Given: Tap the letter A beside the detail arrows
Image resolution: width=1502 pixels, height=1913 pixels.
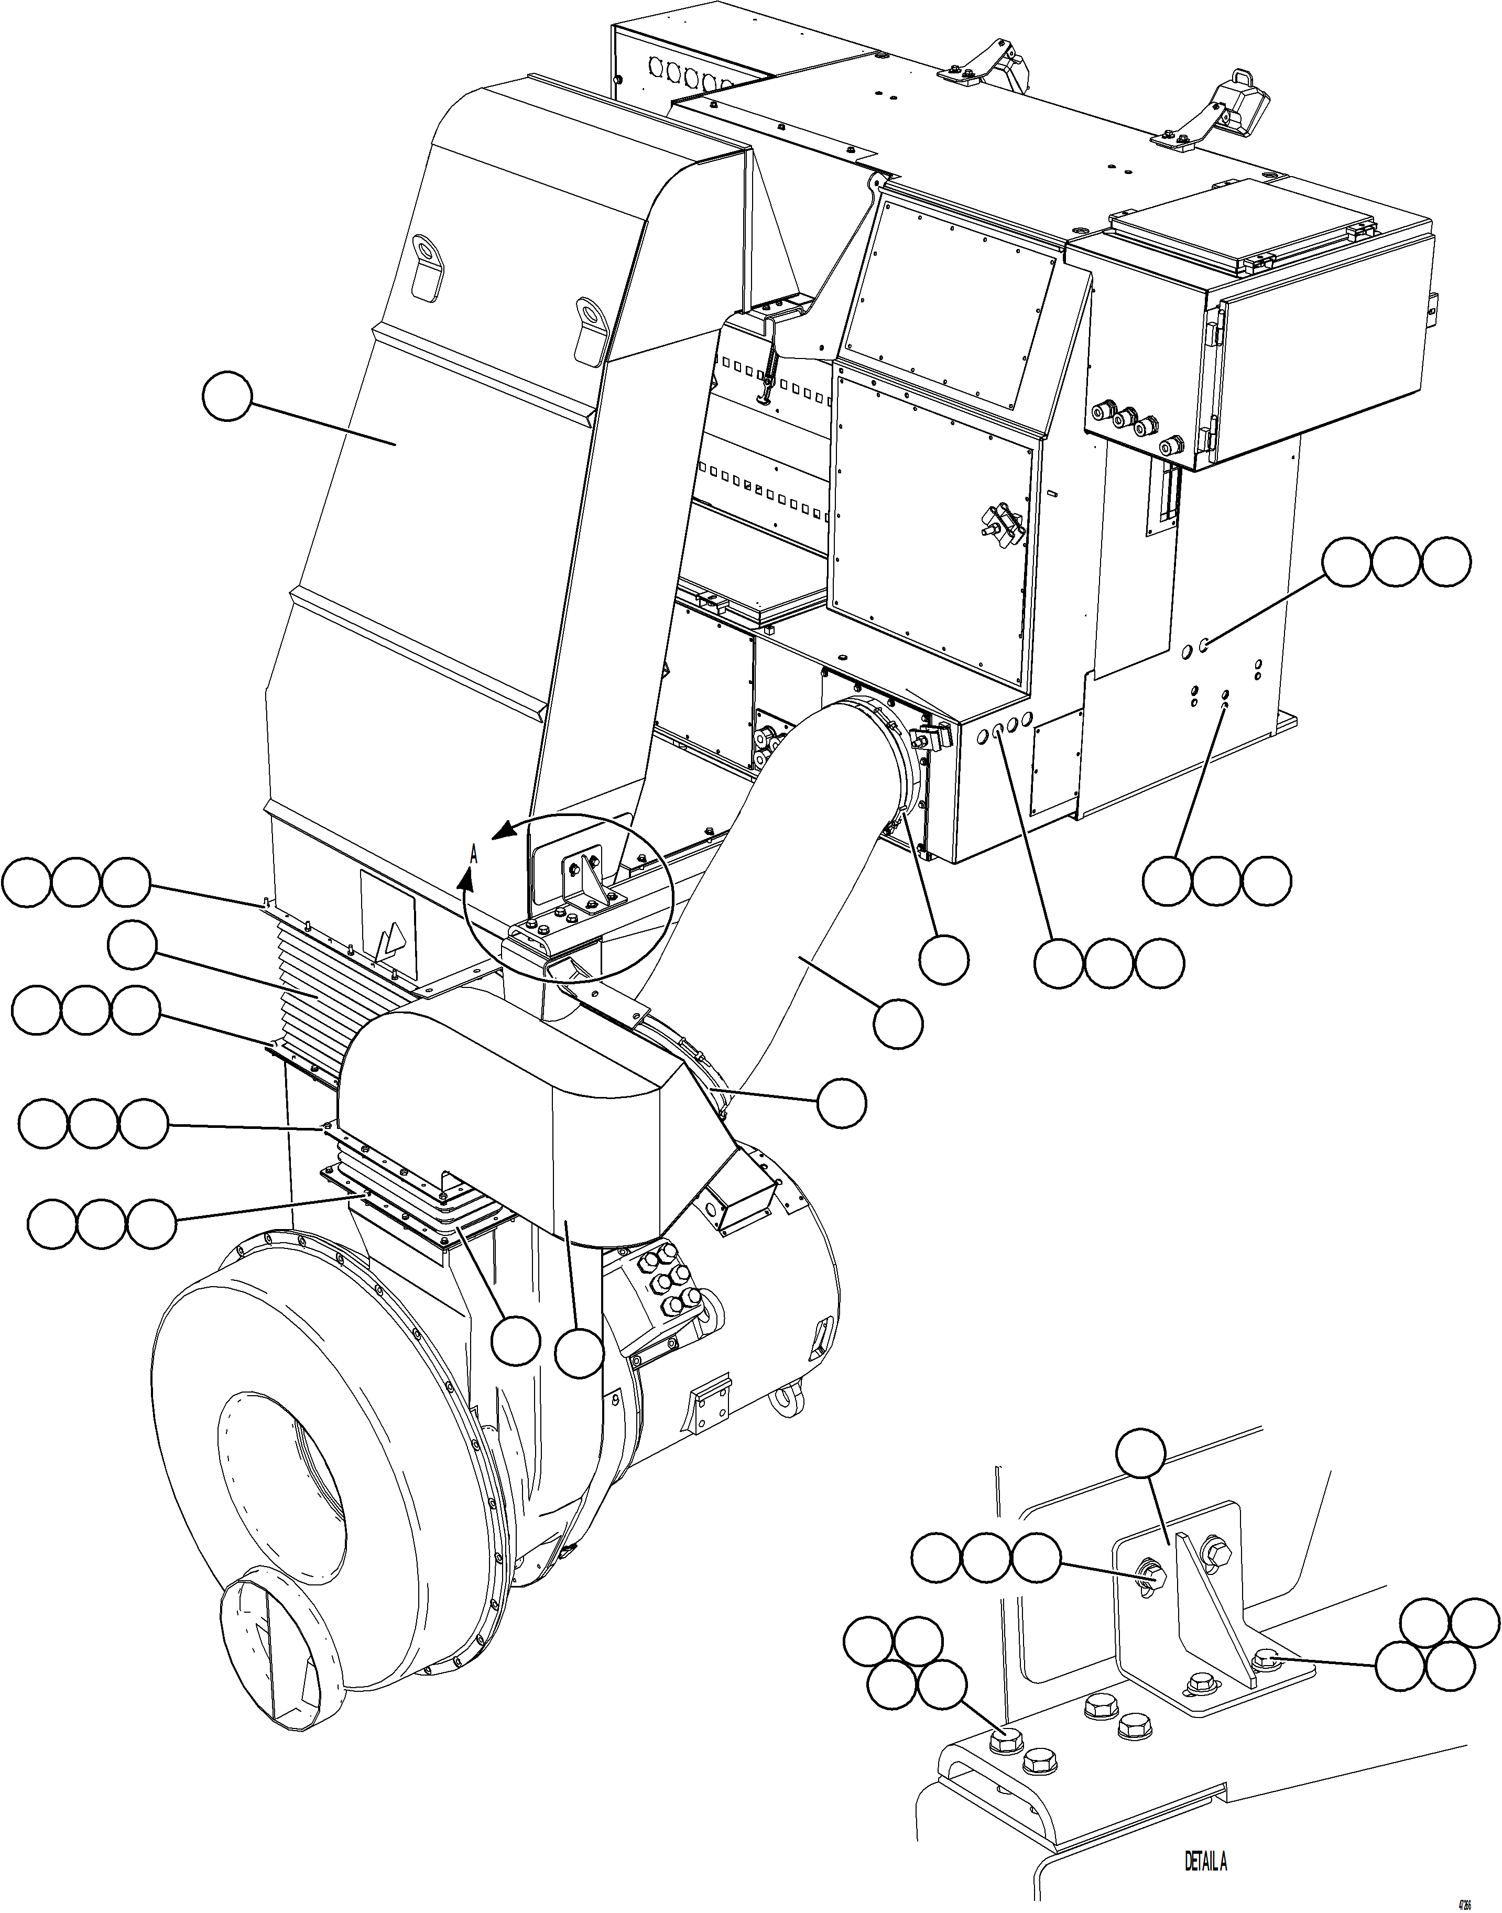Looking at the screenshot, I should pos(473,851).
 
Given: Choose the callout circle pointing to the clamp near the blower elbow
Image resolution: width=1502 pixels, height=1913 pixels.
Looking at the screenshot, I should pos(841,1104).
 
